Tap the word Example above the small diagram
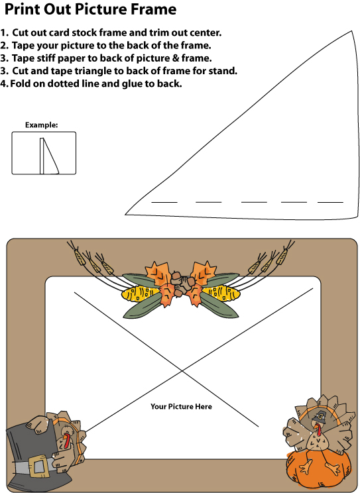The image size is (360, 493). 41,125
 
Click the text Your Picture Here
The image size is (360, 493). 181,407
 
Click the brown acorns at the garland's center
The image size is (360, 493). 181,283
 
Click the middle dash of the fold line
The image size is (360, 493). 254,202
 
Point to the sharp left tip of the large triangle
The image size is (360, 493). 125,215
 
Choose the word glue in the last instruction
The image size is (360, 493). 133,84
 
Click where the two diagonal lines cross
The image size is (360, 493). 182,371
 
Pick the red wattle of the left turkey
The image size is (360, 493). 66,440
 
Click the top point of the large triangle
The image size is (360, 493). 351,31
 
